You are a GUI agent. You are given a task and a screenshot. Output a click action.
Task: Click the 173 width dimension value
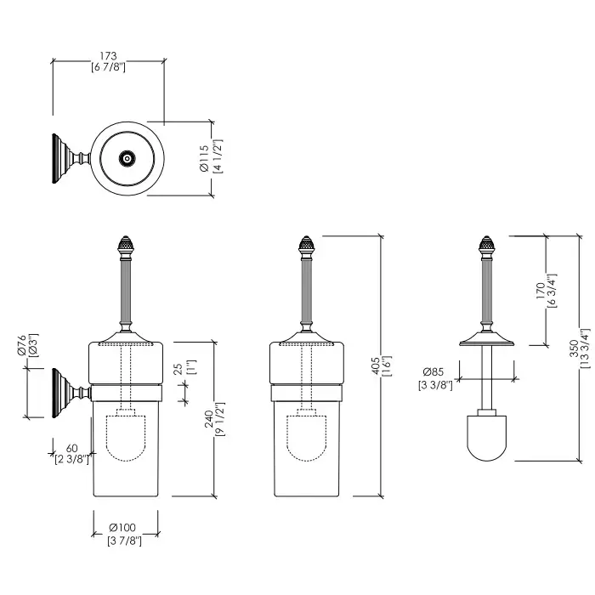coord(108,55)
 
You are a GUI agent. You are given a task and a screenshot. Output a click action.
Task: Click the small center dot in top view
coord(127,158)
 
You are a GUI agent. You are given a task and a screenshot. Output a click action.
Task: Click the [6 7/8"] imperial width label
coord(108,67)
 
